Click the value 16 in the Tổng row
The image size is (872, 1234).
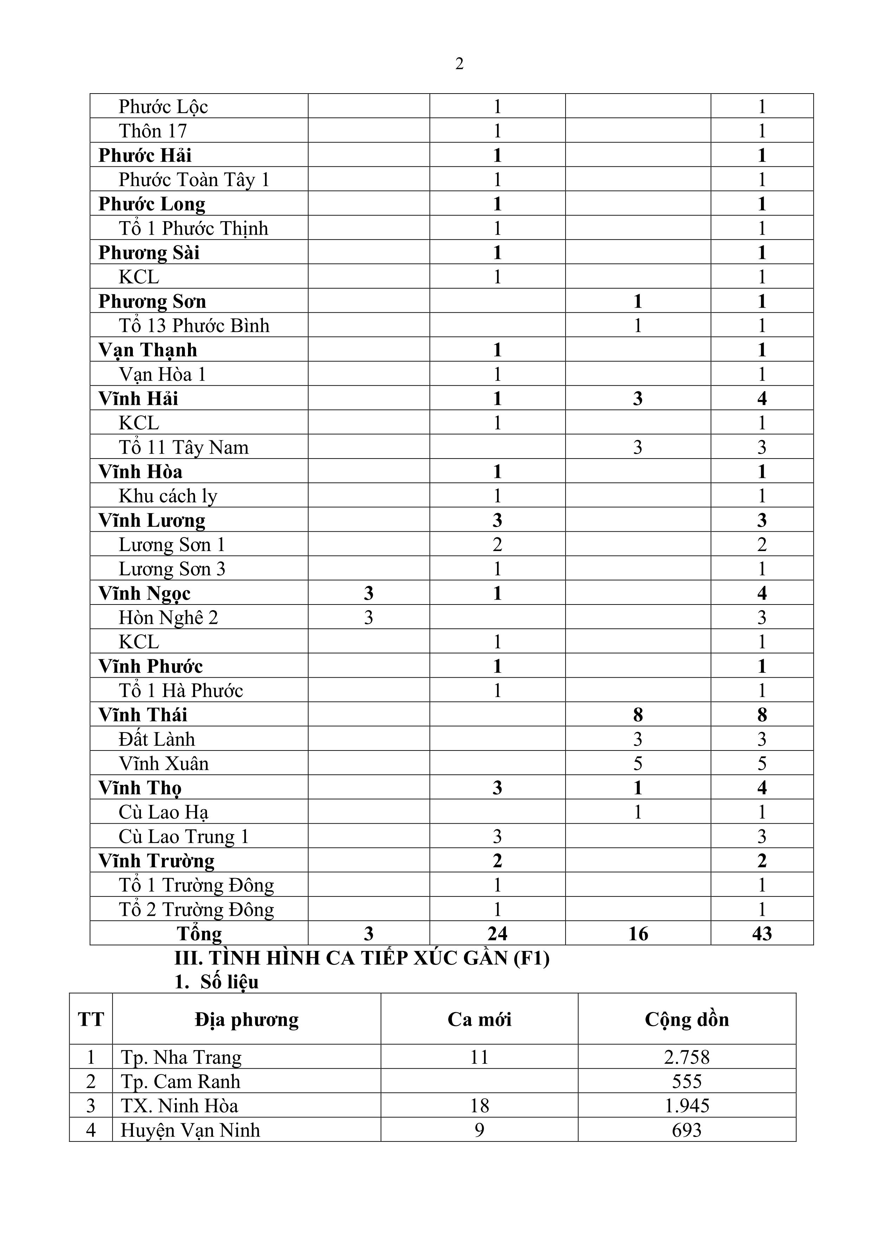point(638,934)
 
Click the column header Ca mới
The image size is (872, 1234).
point(479,1019)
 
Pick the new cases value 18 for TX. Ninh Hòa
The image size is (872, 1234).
point(479,1106)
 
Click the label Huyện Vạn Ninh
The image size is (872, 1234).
point(190,1130)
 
